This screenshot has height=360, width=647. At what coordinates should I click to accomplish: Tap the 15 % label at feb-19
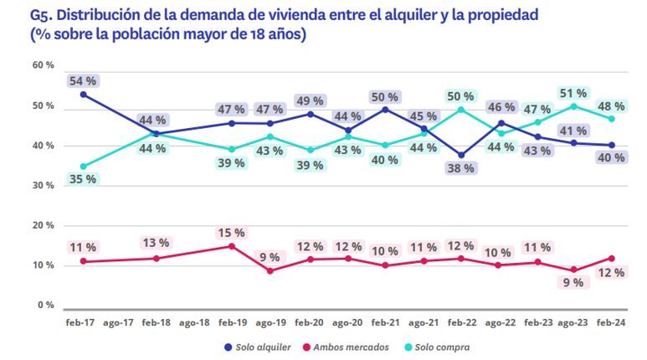[x=231, y=233]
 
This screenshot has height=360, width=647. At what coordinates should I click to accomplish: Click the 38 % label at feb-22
[x=460, y=167]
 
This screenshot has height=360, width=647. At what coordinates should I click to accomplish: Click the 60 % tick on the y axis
[x=44, y=65]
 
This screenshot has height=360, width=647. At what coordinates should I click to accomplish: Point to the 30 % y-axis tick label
[x=44, y=185]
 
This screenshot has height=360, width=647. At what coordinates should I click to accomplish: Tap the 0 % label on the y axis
[x=46, y=305]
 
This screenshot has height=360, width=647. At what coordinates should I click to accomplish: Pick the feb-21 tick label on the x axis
[x=384, y=321]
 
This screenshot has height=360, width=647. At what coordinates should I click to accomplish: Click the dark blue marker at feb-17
[x=84, y=95]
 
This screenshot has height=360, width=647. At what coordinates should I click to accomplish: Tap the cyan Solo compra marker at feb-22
[x=460, y=109]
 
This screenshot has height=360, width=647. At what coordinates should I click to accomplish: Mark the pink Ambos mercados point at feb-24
[x=612, y=258]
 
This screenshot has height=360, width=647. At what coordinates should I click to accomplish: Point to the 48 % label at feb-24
[x=611, y=106]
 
